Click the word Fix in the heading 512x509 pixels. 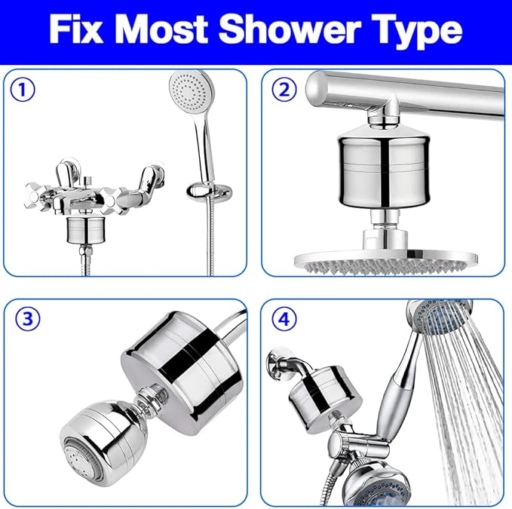(81, 29)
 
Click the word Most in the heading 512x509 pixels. (172, 29)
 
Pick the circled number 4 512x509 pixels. (284, 319)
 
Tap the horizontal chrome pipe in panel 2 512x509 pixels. (422, 94)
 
